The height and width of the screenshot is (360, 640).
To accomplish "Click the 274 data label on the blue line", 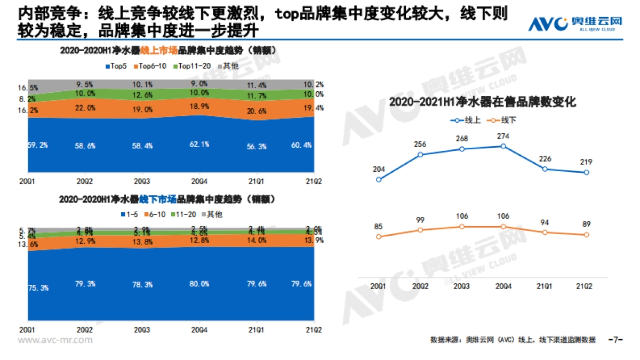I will point(503,137).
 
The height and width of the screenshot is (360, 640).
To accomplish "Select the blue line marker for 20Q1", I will point(379,179).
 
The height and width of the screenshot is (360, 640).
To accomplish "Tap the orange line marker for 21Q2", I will point(586,235).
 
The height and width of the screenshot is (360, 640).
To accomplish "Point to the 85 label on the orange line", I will point(379,227).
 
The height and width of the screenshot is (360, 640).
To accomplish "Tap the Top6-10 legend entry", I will point(152,66).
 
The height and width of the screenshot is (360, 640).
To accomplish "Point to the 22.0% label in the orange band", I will point(86,108).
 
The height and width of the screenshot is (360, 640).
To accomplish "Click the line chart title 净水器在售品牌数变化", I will point(482,102).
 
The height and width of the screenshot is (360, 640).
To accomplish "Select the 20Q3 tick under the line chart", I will point(461,286).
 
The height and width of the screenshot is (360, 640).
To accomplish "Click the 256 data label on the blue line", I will point(420,145).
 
